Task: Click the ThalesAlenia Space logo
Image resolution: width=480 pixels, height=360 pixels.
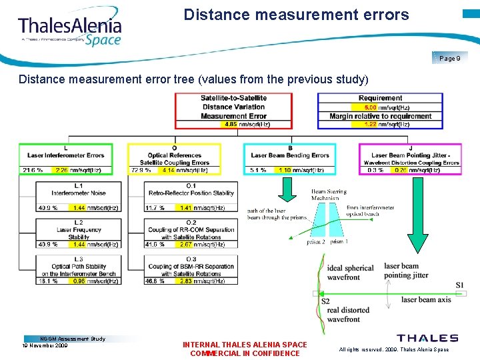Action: point(70,30)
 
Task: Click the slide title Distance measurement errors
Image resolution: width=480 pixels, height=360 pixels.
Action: point(297,14)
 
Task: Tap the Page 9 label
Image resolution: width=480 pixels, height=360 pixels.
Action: point(450,59)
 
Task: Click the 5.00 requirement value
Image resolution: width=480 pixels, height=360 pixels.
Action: point(371,107)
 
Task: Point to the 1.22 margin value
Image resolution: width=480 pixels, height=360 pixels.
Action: point(371,124)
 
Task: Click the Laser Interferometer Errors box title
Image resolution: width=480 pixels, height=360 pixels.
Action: point(65,155)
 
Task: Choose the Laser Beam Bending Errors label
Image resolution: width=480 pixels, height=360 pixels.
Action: point(290,155)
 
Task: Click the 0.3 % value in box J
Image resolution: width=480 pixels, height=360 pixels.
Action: point(374,171)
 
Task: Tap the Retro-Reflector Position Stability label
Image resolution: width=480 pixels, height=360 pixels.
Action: point(191,193)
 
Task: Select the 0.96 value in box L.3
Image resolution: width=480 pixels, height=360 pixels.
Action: point(79,281)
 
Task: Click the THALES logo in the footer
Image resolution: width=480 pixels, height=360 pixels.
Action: point(427,339)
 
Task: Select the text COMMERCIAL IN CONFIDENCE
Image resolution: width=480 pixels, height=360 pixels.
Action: point(245,353)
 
